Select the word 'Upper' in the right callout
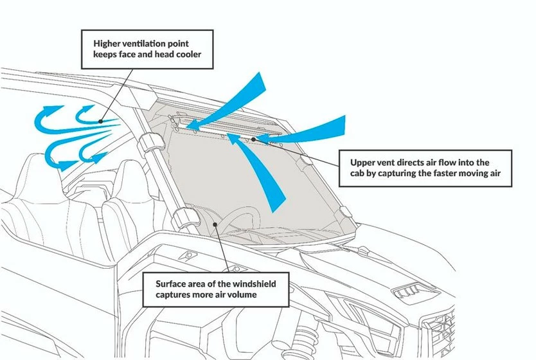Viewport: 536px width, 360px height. click(x=363, y=163)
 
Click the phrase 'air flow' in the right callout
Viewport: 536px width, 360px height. click(x=436, y=163)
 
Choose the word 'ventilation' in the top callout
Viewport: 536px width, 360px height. click(x=148, y=43)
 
